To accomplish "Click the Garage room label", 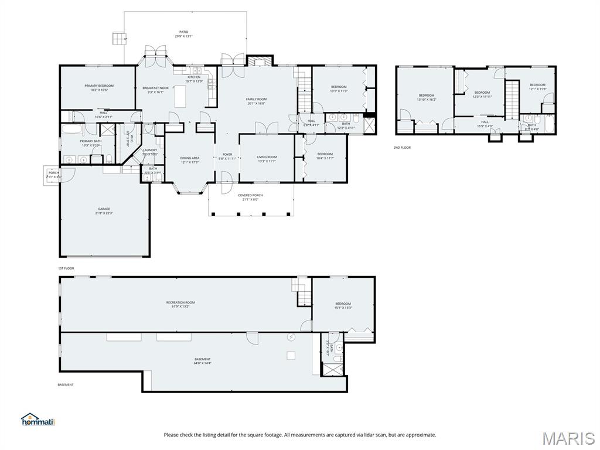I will point(104,211).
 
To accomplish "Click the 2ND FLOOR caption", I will point(402,148).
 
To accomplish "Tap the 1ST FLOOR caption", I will point(66,268).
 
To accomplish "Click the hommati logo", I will point(38,420).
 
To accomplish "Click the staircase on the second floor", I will point(513,99).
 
